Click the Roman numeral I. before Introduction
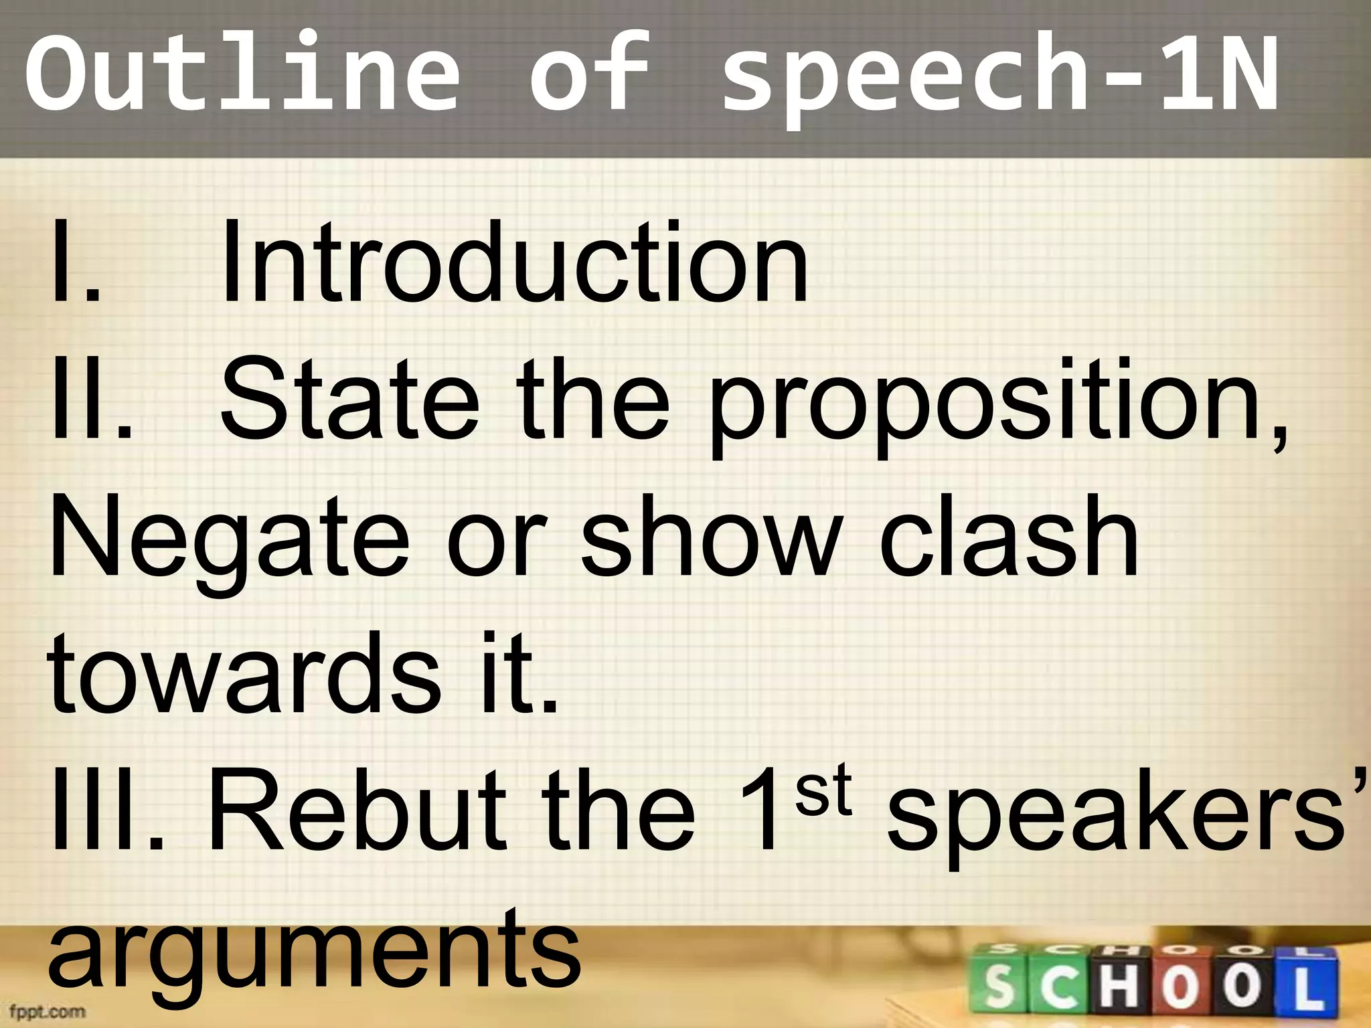[x=74, y=264]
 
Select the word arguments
[x=315, y=954]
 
